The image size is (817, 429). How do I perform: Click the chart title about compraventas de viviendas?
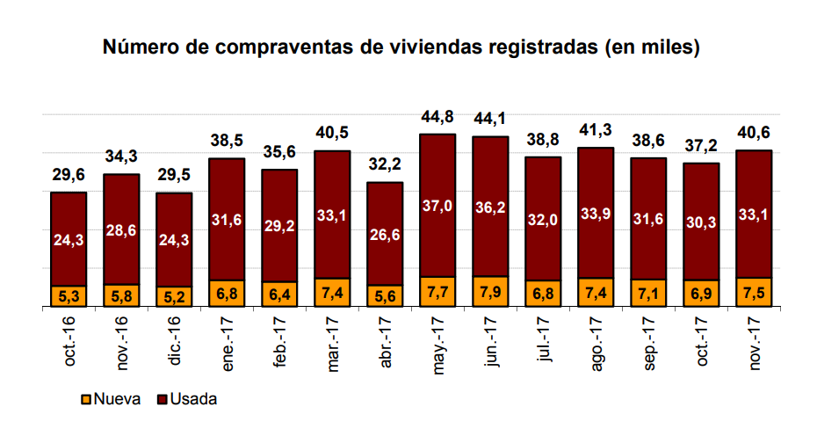pos(401,47)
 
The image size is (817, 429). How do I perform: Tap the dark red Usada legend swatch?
pos(160,399)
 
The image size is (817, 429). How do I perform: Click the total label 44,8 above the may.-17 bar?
pos(437,118)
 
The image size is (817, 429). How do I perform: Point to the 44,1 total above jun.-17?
pos(490,120)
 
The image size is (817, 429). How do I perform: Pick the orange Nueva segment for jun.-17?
pos(490,291)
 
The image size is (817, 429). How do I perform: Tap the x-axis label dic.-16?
pos(174,348)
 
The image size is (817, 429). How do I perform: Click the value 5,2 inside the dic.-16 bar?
pos(174,297)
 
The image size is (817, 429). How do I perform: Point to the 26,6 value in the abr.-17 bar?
pos(385,235)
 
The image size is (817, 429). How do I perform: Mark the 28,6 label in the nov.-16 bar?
pos(121,230)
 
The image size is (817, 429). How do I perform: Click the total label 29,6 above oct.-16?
pos(68,175)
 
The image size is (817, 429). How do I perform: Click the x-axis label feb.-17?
pos(279,349)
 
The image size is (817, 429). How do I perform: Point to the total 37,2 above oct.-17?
pos(701,146)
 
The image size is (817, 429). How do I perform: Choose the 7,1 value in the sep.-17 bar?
pos(648,294)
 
